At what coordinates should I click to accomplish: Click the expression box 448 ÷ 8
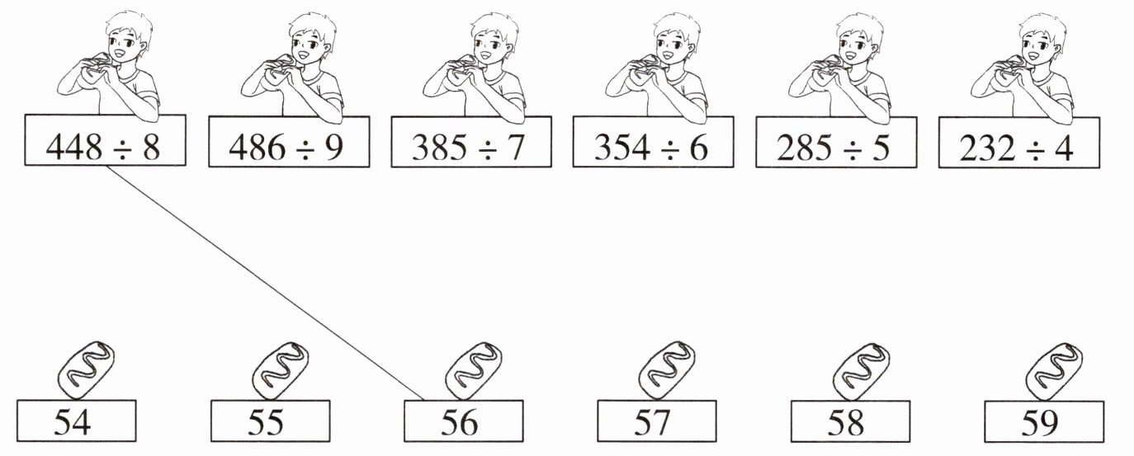pyautogui.click(x=106, y=140)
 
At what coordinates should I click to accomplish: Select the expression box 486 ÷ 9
pyautogui.click(x=289, y=142)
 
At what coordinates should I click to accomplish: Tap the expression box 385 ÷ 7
pyautogui.click(x=471, y=142)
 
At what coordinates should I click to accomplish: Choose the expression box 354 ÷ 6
pyautogui.click(x=653, y=142)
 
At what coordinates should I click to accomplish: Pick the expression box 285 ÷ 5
pyautogui.click(x=836, y=142)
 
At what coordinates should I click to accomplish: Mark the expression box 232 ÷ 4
pyautogui.click(x=1019, y=142)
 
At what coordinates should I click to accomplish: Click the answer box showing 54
pyautogui.click(x=77, y=421)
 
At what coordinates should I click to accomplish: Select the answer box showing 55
pyautogui.click(x=271, y=421)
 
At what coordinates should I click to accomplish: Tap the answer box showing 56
pyautogui.click(x=464, y=421)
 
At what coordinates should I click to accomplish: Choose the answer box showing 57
pyautogui.click(x=657, y=421)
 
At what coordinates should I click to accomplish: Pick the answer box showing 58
pyautogui.click(x=850, y=421)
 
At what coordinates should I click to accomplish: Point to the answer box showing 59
pyautogui.click(x=1044, y=421)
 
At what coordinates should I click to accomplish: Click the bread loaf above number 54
pyautogui.click(x=86, y=371)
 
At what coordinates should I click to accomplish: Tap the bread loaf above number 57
pyautogui.click(x=667, y=371)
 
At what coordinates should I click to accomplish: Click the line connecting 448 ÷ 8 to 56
pyautogui.click(x=265, y=283)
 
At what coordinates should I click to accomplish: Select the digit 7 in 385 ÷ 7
pyautogui.click(x=514, y=147)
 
